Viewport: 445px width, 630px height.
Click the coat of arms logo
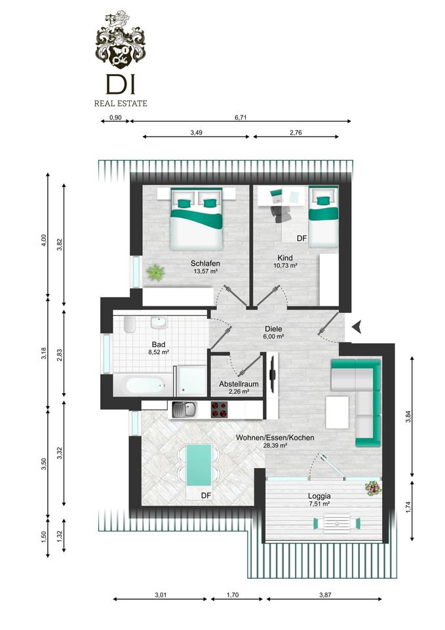[x=121, y=39]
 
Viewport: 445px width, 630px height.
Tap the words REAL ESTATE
[x=121, y=103]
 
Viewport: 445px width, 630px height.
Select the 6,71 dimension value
[x=241, y=117]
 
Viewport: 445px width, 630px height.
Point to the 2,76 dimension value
[x=296, y=133]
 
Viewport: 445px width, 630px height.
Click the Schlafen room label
[x=205, y=264]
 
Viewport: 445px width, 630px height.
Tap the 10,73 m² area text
[x=285, y=266]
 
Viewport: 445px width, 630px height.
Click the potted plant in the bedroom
[x=155, y=273]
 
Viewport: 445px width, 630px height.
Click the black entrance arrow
[x=357, y=326]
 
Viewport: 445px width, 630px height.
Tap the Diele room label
[x=273, y=329]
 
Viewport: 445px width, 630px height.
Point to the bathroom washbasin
[x=159, y=323]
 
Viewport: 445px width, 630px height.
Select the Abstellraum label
[x=239, y=384]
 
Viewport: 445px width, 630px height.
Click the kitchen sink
[x=184, y=409]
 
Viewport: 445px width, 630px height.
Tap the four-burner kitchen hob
[x=220, y=409]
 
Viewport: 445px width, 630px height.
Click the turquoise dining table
[x=199, y=465]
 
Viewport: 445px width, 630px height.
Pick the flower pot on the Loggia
[x=373, y=488]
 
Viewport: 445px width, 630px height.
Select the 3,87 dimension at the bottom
[x=326, y=595]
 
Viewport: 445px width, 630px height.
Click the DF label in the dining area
[x=206, y=496]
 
